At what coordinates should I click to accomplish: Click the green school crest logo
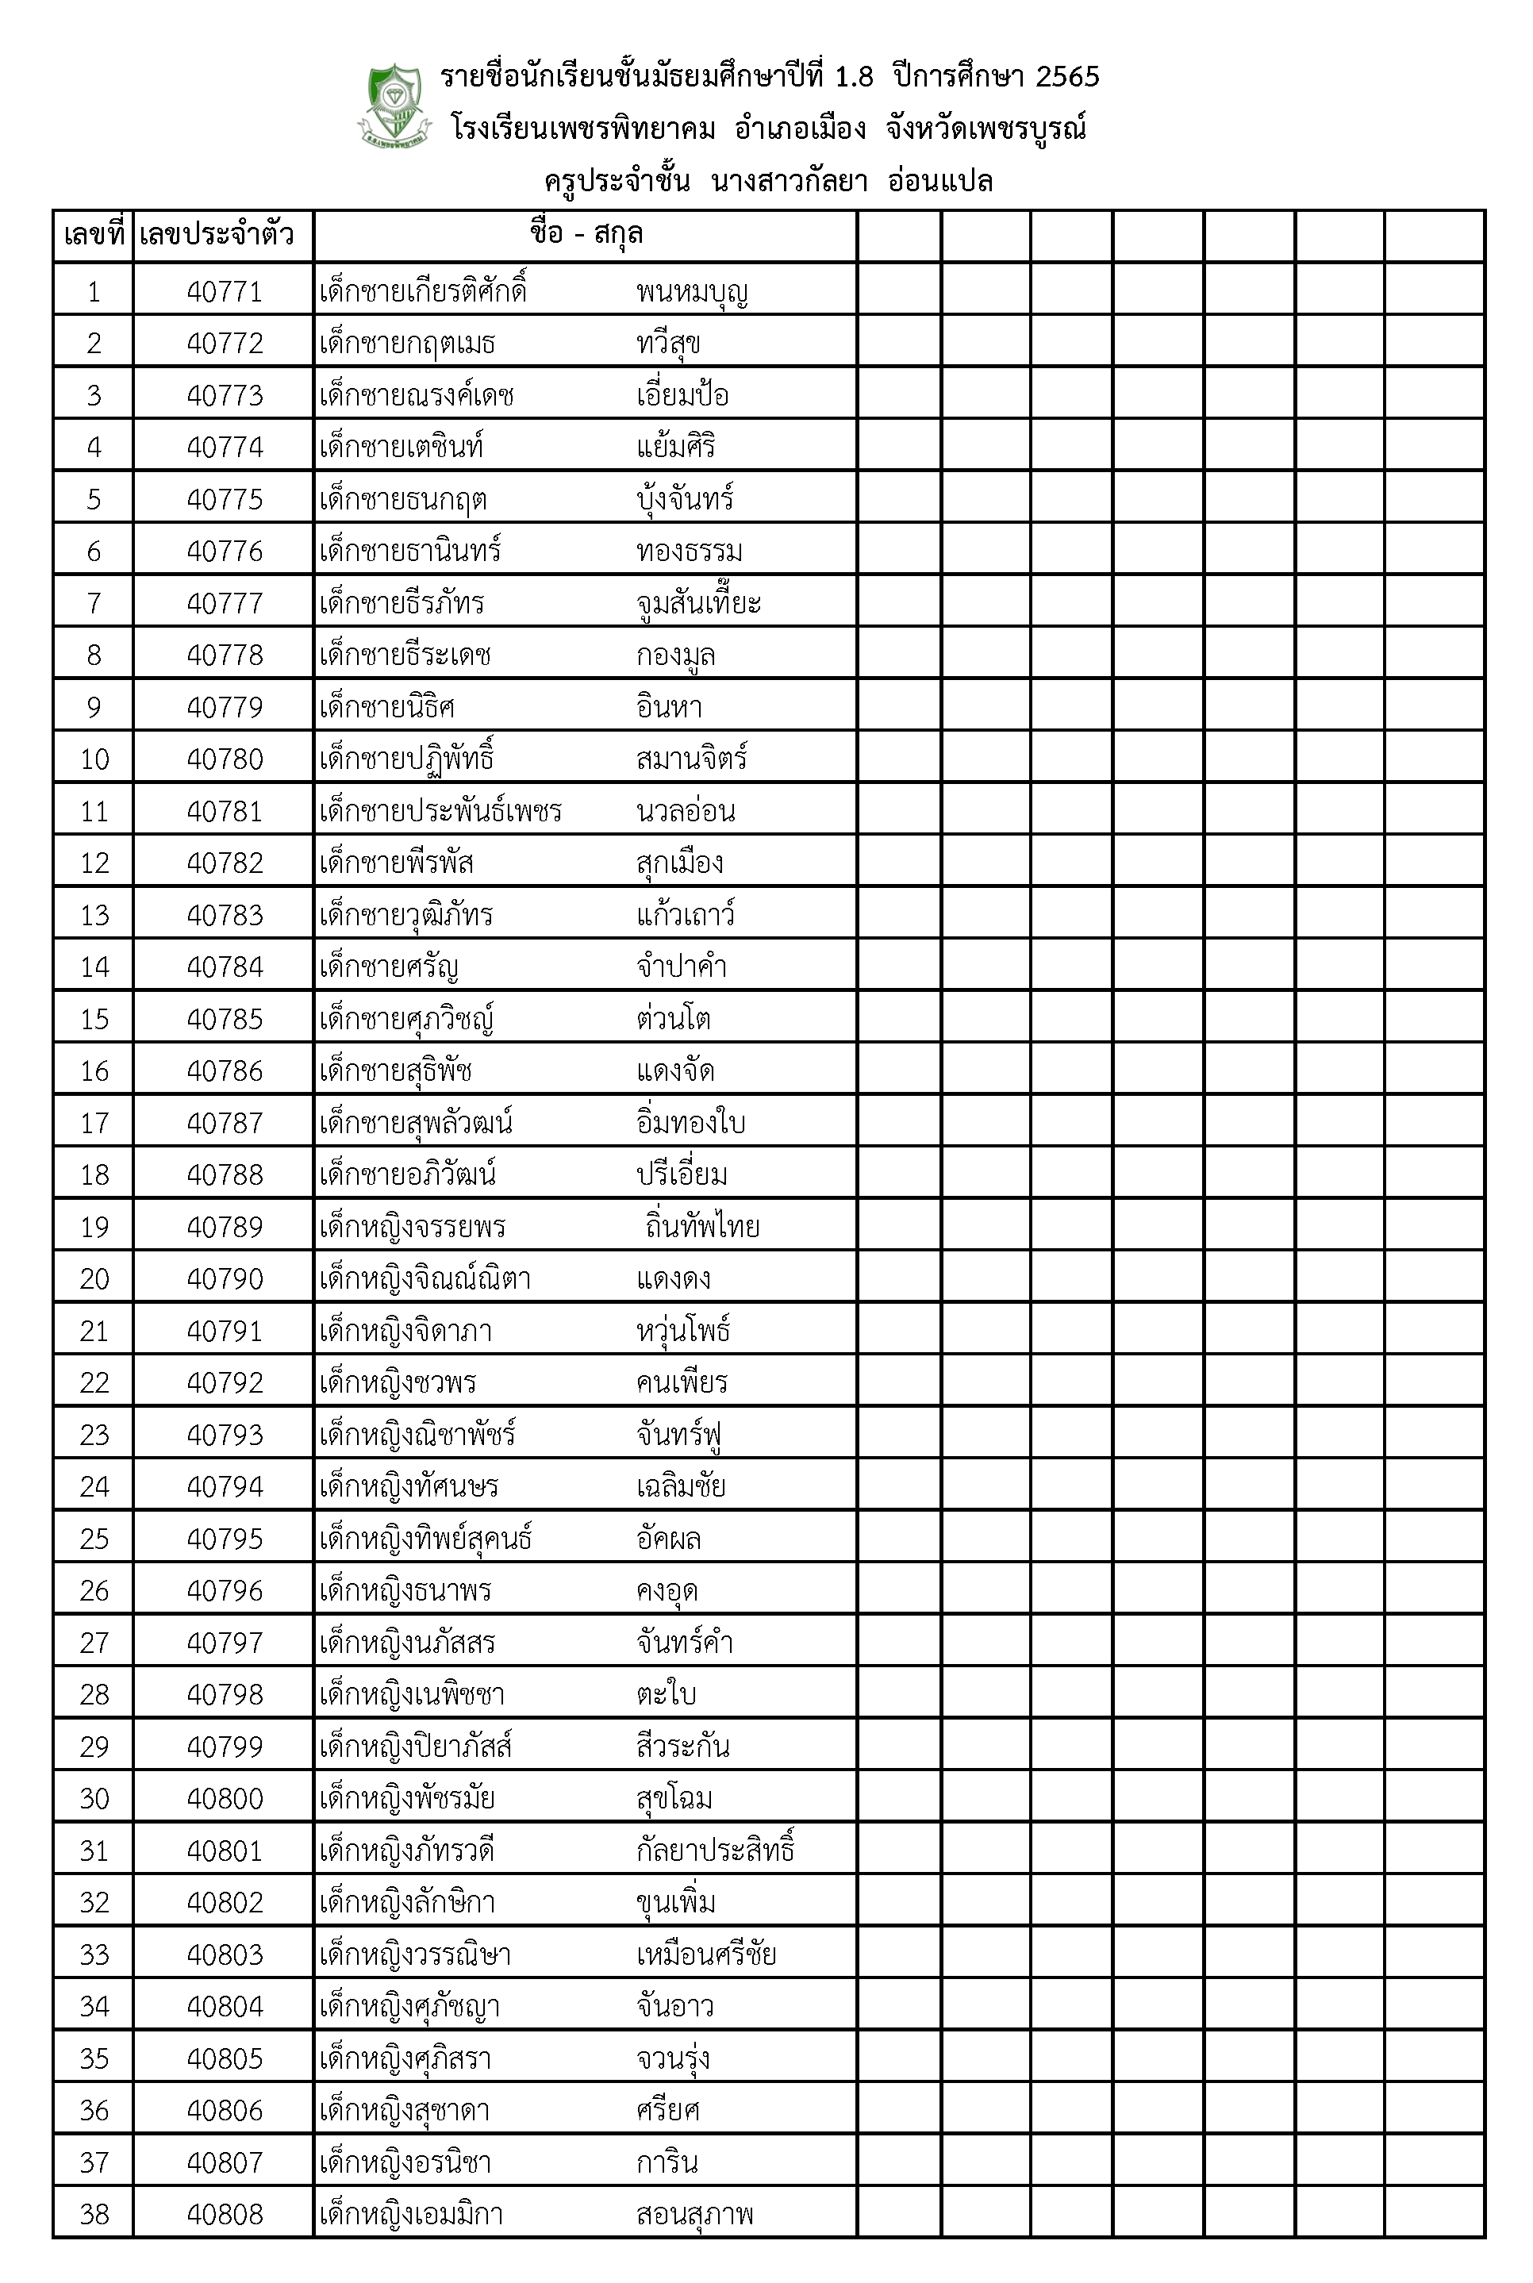tap(394, 106)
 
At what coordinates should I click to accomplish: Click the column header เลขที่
tap(94, 236)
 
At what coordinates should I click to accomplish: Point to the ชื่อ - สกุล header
tap(586, 235)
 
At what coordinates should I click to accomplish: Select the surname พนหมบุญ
tap(691, 291)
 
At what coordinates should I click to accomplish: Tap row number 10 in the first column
tap(94, 759)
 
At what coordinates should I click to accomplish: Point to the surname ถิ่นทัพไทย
tap(702, 1226)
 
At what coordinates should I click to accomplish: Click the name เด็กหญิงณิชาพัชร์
tap(417, 1435)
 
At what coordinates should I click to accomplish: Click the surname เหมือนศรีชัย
tap(706, 1954)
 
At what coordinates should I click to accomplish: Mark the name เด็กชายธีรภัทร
tap(401, 603)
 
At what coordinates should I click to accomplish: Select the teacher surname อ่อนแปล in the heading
tap(939, 182)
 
